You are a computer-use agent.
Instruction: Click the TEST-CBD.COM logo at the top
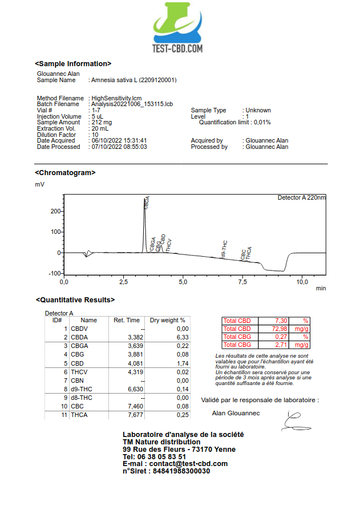pos(177,29)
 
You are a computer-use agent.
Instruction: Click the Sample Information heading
pos(73,64)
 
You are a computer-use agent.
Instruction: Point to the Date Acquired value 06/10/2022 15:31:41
pos(119,140)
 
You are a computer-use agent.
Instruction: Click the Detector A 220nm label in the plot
pos(301,198)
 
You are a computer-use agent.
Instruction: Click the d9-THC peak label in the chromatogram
pos(225,249)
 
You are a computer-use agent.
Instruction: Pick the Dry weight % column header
pos(167,320)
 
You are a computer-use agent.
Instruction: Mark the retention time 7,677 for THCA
pos(131,415)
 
